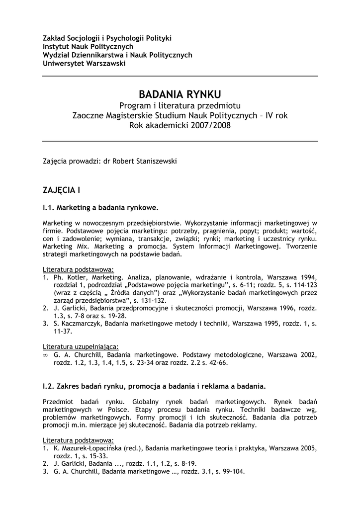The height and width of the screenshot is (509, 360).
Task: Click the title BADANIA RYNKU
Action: click(x=180, y=94)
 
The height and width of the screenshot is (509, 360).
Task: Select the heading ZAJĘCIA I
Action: click(x=61, y=190)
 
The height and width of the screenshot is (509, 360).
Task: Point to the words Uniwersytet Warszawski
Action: click(x=84, y=64)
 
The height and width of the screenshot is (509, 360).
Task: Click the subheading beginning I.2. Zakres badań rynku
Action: click(x=154, y=385)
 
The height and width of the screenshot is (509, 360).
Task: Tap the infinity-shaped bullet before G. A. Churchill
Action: click(x=45, y=355)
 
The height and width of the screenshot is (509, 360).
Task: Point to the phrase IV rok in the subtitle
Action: click(x=276, y=115)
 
